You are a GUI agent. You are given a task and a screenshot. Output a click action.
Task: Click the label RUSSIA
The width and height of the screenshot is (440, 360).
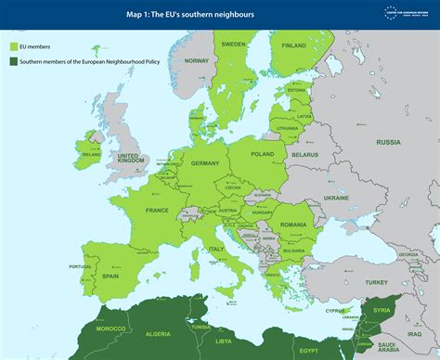pos(388,142)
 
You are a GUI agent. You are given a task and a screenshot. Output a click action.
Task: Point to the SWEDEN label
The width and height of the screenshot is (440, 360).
pos(233,44)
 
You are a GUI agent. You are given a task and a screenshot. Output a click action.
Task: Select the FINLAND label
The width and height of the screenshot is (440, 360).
pos(293,45)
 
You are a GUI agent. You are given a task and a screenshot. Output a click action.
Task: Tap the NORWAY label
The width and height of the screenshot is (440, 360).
pos(197,60)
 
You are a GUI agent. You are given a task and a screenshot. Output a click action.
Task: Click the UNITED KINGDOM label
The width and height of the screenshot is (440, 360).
pos(131,158)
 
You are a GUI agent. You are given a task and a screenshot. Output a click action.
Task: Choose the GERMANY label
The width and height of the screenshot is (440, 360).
pos(204,162)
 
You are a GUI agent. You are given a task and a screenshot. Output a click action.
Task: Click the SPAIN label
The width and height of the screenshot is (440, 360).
pos(110,276)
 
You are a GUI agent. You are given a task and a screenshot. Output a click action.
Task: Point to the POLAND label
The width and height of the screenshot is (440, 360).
pos(262,154)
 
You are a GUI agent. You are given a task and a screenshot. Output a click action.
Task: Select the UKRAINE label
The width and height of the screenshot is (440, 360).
pos(335,198)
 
